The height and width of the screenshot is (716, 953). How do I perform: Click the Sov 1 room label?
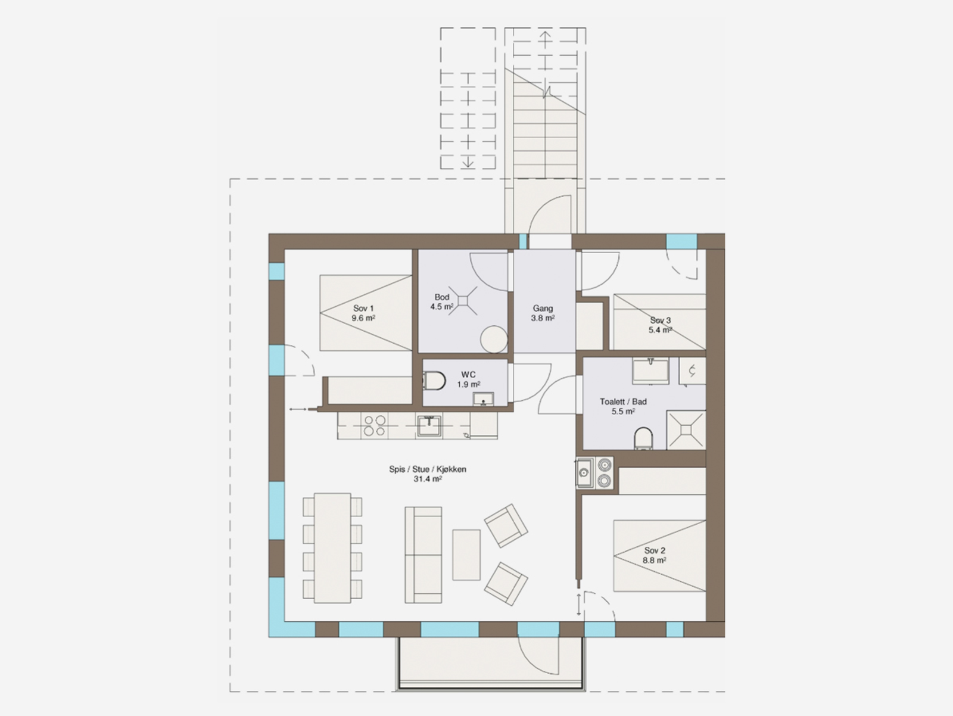[363, 313]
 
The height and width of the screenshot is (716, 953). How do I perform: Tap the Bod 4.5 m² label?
[441, 302]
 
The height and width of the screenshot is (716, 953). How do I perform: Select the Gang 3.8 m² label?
[543, 313]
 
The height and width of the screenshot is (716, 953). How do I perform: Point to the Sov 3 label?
[660, 325]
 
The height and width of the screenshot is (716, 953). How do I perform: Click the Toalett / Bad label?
[623, 406]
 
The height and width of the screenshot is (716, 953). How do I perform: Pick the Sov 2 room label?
[655, 555]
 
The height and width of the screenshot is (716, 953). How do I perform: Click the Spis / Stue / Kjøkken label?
[427, 474]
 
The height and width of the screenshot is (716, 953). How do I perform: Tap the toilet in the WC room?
[435, 380]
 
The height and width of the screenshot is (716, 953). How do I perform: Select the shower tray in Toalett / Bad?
[686, 429]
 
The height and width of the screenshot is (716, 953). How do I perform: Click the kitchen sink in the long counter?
[429, 425]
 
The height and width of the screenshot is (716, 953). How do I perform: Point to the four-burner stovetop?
[374, 425]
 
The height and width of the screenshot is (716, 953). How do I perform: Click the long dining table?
[332, 547]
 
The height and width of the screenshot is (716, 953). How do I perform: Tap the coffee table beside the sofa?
[466, 555]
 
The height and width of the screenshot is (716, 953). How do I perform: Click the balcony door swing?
[539, 655]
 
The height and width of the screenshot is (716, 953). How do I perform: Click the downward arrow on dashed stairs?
[468, 161]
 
